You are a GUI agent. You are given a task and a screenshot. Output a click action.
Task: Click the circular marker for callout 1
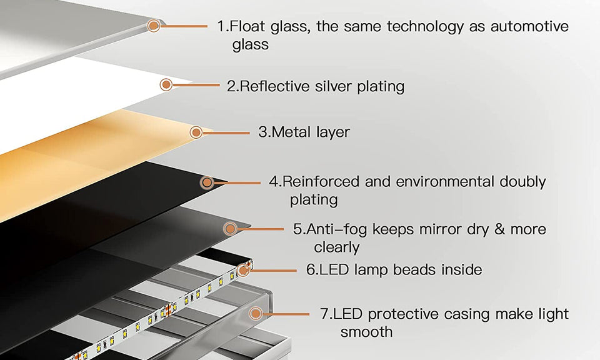154,26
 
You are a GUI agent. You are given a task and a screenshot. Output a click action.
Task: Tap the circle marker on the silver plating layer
166,85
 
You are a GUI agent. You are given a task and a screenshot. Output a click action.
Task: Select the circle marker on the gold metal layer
196,132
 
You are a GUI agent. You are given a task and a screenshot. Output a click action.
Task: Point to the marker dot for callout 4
207,182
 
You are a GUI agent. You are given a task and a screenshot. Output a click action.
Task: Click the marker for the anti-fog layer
231,229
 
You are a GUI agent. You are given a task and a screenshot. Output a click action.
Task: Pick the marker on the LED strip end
244,270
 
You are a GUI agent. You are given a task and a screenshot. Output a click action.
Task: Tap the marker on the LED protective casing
256,314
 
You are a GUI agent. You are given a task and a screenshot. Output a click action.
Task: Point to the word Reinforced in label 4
321,182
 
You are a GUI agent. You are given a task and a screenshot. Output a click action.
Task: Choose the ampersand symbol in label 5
499,229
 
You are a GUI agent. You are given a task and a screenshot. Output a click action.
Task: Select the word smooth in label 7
366,331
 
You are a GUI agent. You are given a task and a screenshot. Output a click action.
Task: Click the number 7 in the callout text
324,314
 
